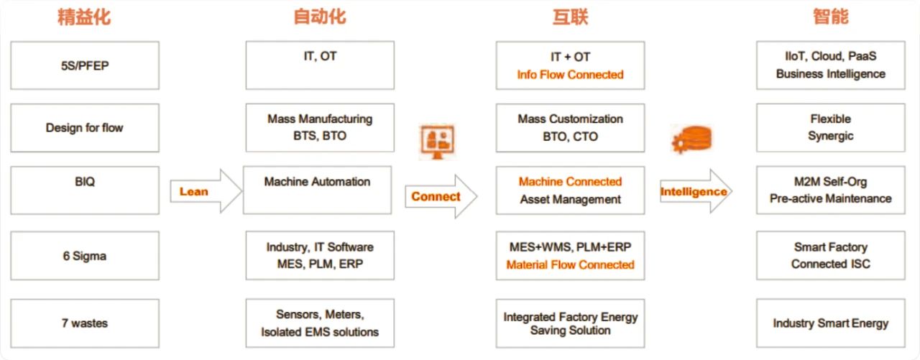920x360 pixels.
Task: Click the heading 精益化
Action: tap(84, 17)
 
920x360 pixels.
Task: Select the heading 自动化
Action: tap(320, 17)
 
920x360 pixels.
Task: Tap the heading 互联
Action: tap(570, 17)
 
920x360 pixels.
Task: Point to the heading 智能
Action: tap(830, 17)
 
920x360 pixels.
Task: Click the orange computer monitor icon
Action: tap(437, 142)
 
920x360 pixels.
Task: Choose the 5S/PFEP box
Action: tap(85, 65)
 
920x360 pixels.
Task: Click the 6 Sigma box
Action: tap(85, 256)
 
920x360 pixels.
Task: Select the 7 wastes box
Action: tap(85, 323)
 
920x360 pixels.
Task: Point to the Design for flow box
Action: tap(85, 128)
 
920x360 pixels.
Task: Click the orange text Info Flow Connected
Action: tap(570, 75)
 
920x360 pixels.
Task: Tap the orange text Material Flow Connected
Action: tap(570, 265)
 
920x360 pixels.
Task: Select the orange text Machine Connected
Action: tap(570, 182)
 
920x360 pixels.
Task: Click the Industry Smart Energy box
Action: tap(830, 323)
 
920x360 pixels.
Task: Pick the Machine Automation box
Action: tap(317, 190)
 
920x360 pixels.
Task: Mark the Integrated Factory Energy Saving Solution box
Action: tap(570, 323)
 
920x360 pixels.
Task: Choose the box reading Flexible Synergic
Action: tap(830, 128)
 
